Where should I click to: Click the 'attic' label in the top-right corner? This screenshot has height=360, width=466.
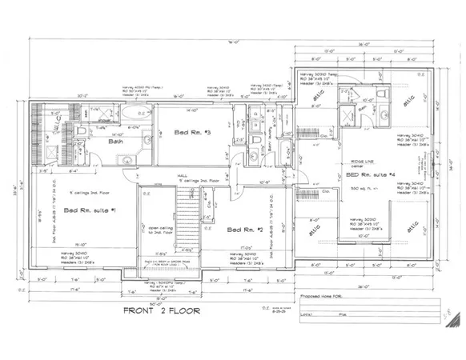tap(411, 102)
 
